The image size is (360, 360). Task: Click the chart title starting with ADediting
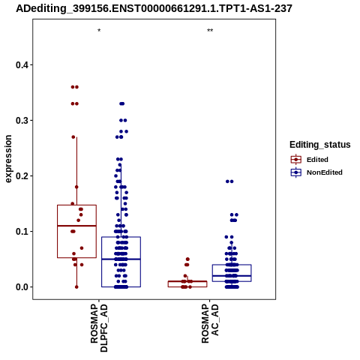pos(154,9)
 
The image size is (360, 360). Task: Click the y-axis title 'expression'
pos(8,159)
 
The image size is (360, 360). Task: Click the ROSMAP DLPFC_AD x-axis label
pos(99,328)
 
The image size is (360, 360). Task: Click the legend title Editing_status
pos(320,145)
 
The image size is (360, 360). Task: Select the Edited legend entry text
pos(317,160)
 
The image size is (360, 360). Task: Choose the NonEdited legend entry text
pos(325,172)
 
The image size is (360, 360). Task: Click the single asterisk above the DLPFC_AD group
pos(99,31)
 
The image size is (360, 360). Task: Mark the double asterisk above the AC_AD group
pos(210,31)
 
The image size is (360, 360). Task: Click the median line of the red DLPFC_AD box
pos(76,226)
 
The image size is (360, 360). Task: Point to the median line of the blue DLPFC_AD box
pos(121,259)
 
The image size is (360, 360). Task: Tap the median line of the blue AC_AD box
pos(232,276)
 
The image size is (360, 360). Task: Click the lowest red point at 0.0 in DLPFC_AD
pos(76,287)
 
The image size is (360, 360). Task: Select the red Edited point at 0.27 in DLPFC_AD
pos(73,137)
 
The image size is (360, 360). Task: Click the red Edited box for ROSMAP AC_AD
pos(187,284)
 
